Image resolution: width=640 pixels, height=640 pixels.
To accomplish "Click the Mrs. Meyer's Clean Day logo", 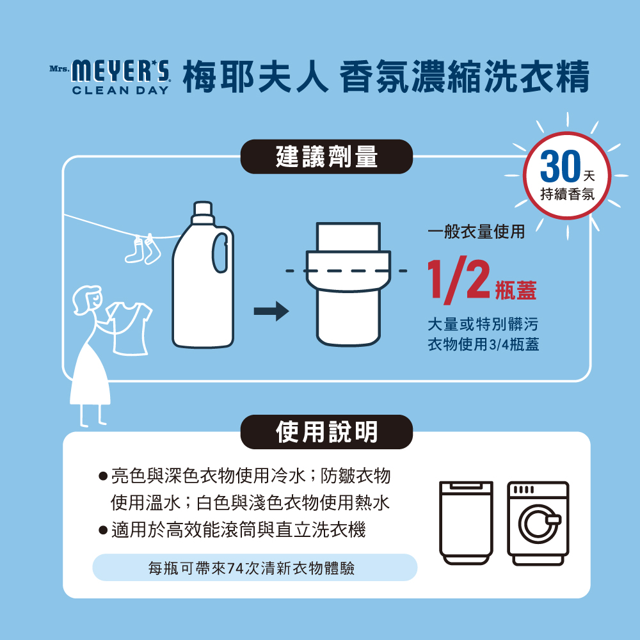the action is [109, 77].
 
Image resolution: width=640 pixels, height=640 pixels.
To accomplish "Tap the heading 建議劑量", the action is [326, 157].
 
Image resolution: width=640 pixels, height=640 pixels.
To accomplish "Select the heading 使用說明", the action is [326, 432].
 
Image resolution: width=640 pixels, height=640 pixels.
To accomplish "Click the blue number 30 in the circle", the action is [560, 166].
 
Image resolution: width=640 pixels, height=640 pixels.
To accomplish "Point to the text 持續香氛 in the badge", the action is [567, 194].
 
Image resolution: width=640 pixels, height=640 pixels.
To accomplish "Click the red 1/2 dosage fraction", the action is [458, 280].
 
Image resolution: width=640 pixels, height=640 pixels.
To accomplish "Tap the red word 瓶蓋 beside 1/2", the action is [515, 290].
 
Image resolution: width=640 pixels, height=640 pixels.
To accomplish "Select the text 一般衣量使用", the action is [476, 232].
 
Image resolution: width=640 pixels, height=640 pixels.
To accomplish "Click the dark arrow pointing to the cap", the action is [271, 312].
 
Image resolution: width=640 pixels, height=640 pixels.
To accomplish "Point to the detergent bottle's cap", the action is [203, 212].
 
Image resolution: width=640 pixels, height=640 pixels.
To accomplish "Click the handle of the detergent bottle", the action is [220, 253].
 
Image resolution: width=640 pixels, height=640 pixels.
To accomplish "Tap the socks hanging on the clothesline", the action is [143, 249].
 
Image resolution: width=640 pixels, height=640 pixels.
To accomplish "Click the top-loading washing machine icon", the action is [466, 523].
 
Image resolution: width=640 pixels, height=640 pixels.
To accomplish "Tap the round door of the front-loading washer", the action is [538, 524].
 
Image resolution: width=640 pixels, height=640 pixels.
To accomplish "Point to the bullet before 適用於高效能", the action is [103, 531].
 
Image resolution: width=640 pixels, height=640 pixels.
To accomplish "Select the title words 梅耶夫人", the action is [255, 77].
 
